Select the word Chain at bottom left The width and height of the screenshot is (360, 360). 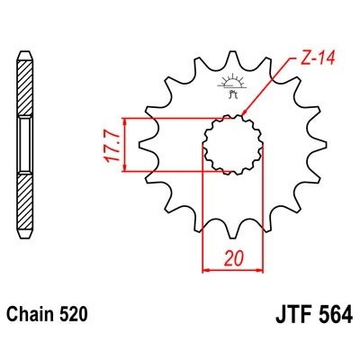pyautogui.click(x=31, y=316)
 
